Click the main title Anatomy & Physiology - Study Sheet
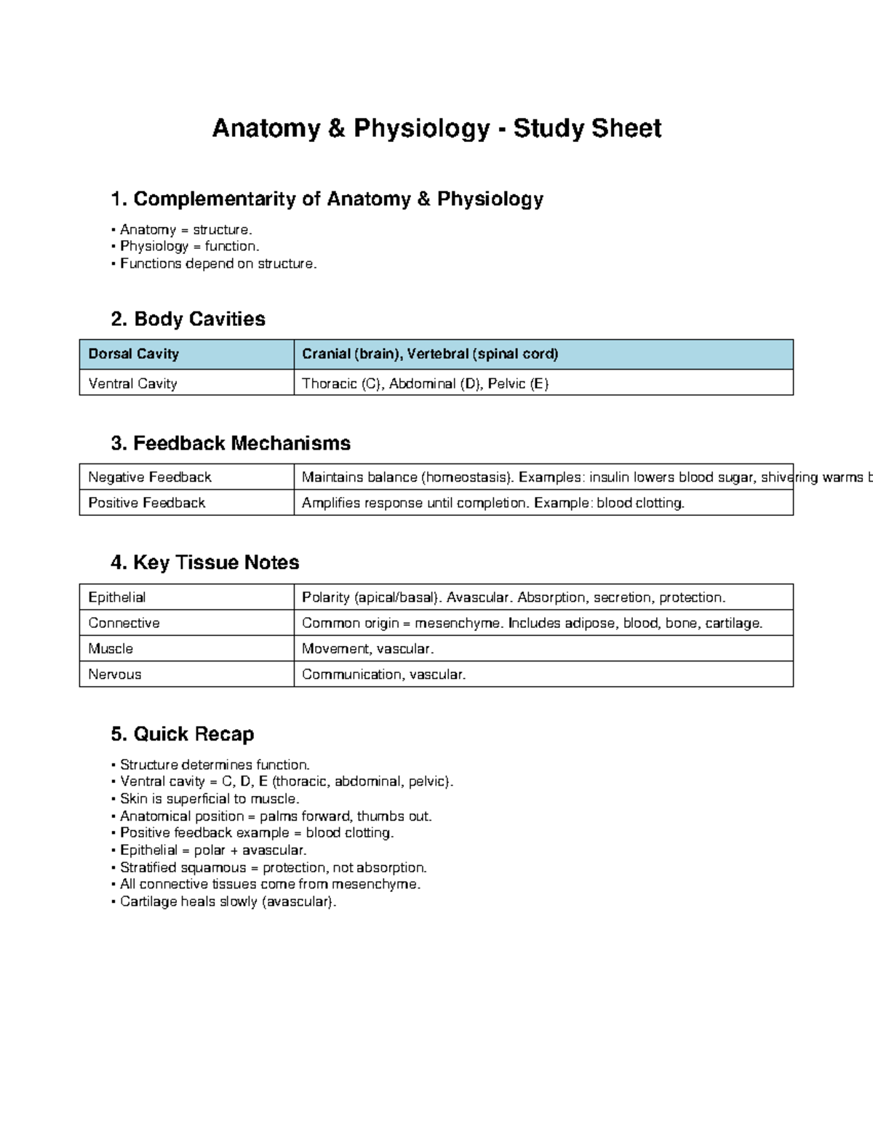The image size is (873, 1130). point(436,128)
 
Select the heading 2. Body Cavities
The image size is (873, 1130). point(188,319)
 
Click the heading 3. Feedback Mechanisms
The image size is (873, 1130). point(230,443)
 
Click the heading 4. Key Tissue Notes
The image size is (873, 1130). point(204,562)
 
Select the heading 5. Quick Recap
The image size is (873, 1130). point(182,733)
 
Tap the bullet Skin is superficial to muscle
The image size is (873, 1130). point(210,799)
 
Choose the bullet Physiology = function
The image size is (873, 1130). point(189,247)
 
